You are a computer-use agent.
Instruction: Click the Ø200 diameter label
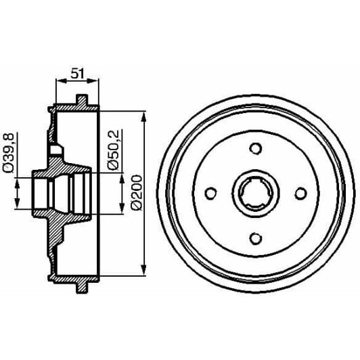point(134,193)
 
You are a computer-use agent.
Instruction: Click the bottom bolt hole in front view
point(255,238)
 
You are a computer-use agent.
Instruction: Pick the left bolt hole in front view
point(210,194)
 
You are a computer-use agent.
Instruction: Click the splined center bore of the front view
point(255,194)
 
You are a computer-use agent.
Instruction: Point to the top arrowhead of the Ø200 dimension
point(144,116)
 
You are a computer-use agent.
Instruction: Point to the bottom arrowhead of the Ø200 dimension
point(144,270)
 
